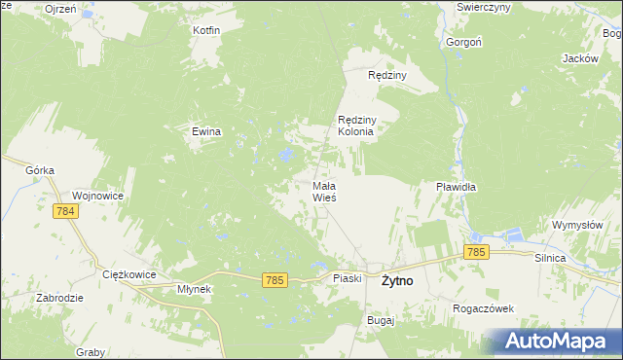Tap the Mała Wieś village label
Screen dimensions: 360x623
coord(324,191)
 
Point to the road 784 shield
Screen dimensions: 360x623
coord(66,211)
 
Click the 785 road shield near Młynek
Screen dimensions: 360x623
coord(275,280)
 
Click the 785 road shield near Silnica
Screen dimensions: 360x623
coord(475,252)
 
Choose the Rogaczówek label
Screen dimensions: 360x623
coord(483,308)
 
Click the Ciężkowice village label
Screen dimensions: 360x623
coord(129,274)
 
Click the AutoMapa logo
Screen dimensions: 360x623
coord(551,341)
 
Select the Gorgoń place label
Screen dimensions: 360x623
coord(462,43)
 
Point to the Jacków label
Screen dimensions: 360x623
coord(579,58)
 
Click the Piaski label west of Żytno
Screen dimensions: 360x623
coord(348,278)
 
